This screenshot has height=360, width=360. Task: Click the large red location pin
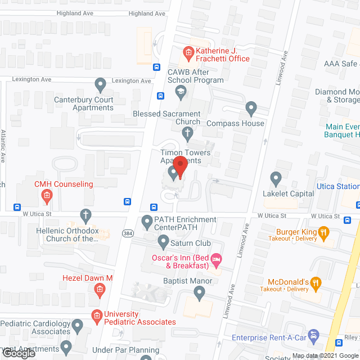[x=179, y=167]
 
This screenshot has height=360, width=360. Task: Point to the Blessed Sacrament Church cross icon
[x=188, y=133]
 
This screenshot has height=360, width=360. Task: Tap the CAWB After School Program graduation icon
[x=181, y=92]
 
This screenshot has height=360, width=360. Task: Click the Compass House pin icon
[x=251, y=107]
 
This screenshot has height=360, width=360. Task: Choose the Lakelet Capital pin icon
[x=276, y=178]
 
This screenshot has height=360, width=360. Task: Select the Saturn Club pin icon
[x=163, y=243]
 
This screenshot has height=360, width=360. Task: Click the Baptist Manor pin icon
[x=199, y=292]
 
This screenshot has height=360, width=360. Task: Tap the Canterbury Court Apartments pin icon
[x=101, y=85]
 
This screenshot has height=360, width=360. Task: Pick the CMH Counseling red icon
[x=47, y=196]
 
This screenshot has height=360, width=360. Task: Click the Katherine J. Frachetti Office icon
[x=188, y=53]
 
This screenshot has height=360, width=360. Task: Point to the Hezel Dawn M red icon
[x=99, y=290]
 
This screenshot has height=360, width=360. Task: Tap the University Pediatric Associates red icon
[x=97, y=316]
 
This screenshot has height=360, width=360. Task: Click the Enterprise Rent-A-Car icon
[x=314, y=337]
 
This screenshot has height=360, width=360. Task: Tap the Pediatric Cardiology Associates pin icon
[x=78, y=325]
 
